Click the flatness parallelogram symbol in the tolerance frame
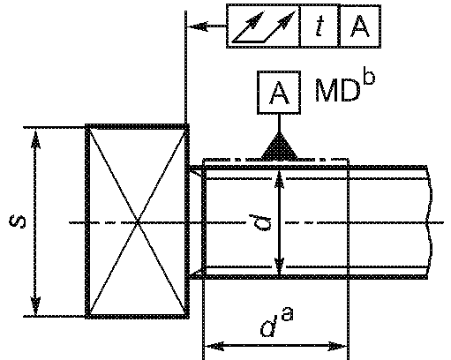pos(264,26)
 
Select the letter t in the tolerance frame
pos(319,26)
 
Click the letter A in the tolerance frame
pos(360,26)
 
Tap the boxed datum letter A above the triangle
pos(279,93)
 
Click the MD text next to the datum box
pos(338,90)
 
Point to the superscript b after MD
pos(370,77)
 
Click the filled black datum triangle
pos(279,146)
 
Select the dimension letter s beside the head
pos(18,221)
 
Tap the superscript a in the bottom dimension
pos(288,314)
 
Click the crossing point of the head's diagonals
pos(138,222)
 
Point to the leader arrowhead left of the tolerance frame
pos(198,26)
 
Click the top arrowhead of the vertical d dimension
pos(279,179)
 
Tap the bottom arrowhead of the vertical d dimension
pos(279,266)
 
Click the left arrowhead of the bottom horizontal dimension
pos(214,346)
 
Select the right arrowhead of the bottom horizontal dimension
pos(338,346)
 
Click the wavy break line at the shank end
pos(430,222)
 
